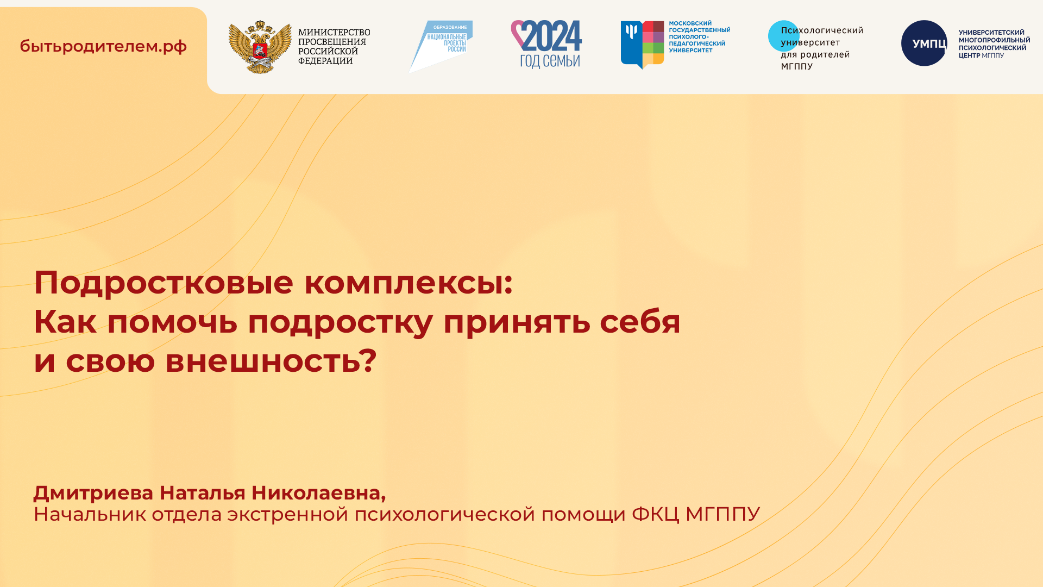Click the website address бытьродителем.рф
(103, 46)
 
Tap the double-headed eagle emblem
(260, 47)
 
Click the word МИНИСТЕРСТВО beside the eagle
(334, 33)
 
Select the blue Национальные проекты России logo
(441, 46)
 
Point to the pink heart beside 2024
(517, 33)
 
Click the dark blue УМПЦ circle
(923, 43)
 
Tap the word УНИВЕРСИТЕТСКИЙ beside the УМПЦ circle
(991, 33)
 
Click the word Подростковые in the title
(164, 283)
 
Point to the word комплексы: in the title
(408, 283)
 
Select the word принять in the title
(517, 322)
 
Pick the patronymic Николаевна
(318, 493)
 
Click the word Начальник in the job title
(90, 514)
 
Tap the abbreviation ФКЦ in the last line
(655, 514)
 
